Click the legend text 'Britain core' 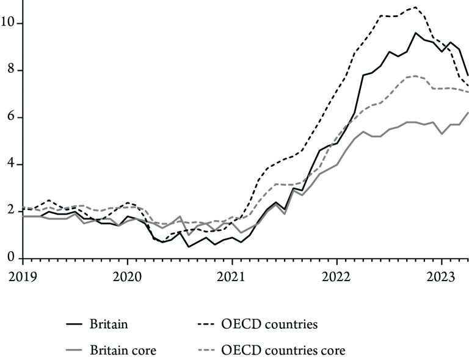point(122,350)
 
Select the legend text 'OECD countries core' point(283,350)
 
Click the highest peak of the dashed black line point(415,7)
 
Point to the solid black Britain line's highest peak point(415,33)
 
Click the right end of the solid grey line point(468,112)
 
